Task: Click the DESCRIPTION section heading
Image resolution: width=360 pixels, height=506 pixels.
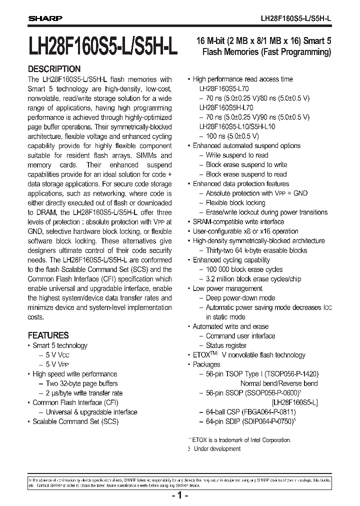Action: coord(54,69)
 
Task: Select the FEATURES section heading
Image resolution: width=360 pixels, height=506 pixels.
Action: coord(48,335)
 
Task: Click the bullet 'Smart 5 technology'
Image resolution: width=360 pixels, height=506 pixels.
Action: coord(59,345)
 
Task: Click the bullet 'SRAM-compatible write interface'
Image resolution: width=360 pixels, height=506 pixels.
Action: coord(238,221)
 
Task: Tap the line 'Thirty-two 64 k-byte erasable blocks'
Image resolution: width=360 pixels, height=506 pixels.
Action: coord(256,250)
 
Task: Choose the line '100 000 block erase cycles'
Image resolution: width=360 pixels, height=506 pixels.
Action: coord(244,269)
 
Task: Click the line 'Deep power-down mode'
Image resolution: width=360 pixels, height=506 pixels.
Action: coord(240,298)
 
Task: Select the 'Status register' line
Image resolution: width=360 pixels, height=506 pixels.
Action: coord(226,345)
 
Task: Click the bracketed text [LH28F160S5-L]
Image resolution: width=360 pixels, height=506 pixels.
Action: coord(295,402)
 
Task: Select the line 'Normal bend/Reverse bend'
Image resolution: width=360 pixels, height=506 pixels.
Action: coord(278,383)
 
